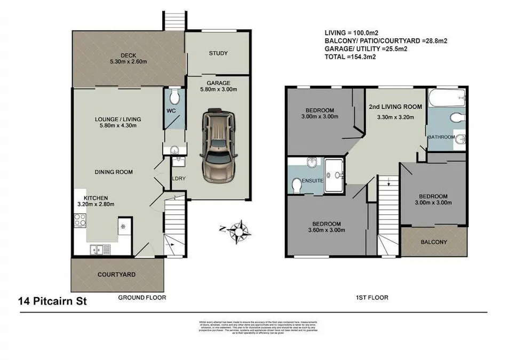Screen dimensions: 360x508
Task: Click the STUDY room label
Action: pos(218,53)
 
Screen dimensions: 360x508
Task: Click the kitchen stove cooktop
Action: pos(81,220)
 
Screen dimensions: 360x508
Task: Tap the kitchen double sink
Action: pos(100,249)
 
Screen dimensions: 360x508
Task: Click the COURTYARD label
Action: pos(116,275)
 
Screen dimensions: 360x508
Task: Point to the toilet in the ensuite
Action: pos(297,185)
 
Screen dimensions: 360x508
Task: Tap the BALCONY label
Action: pos(434,242)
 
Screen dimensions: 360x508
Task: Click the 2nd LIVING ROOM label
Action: pos(395,107)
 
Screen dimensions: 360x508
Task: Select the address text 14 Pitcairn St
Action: pos(51,302)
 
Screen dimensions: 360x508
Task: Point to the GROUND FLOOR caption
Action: pos(142,297)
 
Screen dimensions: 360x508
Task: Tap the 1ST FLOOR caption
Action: pos(373,297)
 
